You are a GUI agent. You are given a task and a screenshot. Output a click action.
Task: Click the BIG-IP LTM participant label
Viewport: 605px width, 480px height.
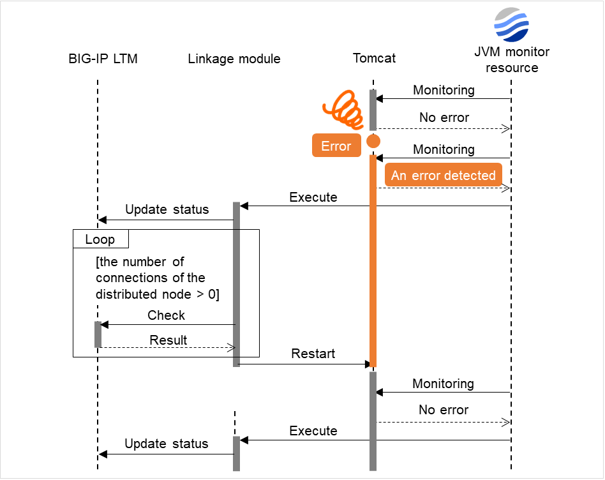click(103, 59)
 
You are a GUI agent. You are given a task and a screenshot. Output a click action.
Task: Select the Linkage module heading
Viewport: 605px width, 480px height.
click(234, 59)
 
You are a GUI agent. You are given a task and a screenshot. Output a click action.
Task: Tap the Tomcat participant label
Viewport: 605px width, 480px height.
click(374, 58)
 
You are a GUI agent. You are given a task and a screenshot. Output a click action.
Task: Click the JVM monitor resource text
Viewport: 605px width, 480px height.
click(511, 60)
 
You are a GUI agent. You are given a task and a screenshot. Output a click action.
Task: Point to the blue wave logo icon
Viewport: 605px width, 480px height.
click(511, 24)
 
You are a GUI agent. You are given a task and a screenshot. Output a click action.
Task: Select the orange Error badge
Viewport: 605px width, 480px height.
click(336, 146)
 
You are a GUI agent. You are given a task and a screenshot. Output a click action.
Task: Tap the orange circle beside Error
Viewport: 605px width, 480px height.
click(373, 141)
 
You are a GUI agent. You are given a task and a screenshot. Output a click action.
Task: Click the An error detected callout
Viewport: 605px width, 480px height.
click(443, 176)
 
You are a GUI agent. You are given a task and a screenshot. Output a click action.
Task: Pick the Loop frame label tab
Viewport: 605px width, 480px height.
click(100, 239)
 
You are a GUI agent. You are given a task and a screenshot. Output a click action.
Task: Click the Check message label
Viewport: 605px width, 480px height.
click(166, 315)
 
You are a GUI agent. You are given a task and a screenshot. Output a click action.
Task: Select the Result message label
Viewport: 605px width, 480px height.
click(168, 340)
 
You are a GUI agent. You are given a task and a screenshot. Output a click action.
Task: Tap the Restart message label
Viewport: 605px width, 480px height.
click(313, 354)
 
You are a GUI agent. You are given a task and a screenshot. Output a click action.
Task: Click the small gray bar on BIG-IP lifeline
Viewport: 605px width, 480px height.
click(98, 334)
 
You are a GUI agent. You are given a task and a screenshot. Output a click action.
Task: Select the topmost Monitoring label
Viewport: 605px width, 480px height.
click(444, 90)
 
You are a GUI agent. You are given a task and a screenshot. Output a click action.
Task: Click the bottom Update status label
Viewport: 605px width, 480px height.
click(166, 444)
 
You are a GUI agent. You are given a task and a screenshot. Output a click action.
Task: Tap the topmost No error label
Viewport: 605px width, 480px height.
click(444, 118)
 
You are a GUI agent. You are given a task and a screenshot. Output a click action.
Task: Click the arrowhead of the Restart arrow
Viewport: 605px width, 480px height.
click(368, 364)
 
